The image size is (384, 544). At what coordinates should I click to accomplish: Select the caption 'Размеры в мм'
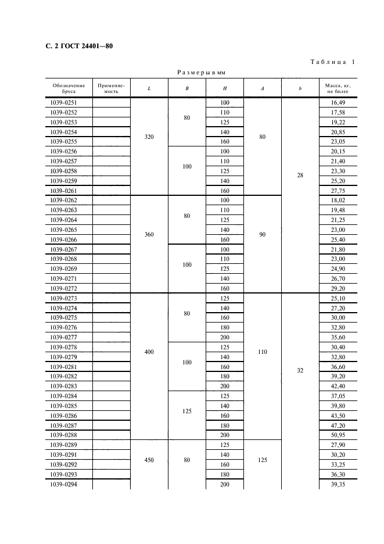point(201,73)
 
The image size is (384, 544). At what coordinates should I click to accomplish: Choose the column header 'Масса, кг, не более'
point(338,88)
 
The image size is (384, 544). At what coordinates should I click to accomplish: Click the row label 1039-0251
point(64,103)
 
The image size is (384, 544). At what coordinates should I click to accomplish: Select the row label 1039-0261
point(64,191)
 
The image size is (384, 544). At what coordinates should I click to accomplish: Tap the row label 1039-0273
point(64,298)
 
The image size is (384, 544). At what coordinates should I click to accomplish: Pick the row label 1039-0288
point(64,435)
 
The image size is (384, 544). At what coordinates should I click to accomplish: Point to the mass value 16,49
point(338,103)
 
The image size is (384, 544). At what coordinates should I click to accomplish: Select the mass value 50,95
point(338,435)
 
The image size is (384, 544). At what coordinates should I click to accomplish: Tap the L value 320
point(149,137)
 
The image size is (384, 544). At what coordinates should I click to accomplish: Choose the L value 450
point(149,459)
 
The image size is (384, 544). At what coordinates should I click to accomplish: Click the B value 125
point(186,410)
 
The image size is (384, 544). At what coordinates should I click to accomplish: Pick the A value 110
point(263,352)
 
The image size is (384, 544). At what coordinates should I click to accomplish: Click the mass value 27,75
point(338,191)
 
